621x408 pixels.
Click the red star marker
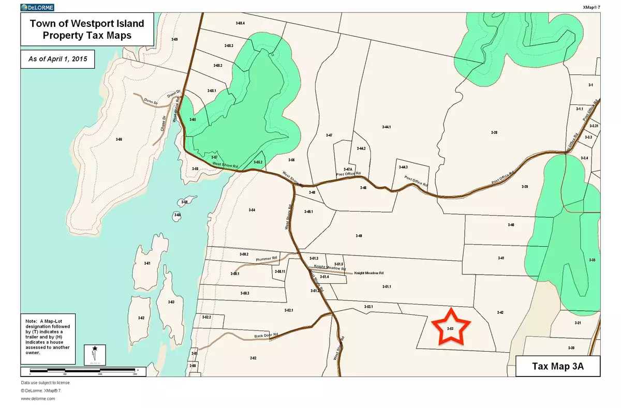click(449, 327)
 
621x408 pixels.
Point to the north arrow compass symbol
click(94, 354)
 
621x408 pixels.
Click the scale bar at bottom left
click(83, 370)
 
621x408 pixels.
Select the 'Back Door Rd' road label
click(267, 335)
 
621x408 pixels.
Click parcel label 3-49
click(359, 236)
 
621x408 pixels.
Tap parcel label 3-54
click(252, 210)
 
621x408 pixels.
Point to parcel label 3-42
click(500, 312)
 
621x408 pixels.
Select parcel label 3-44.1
click(386, 127)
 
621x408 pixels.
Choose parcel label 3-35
click(592, 260)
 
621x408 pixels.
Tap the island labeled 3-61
click(147, 264)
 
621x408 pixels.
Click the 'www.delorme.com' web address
click(38, 399)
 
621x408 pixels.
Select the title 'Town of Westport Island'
click(87, 24)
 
